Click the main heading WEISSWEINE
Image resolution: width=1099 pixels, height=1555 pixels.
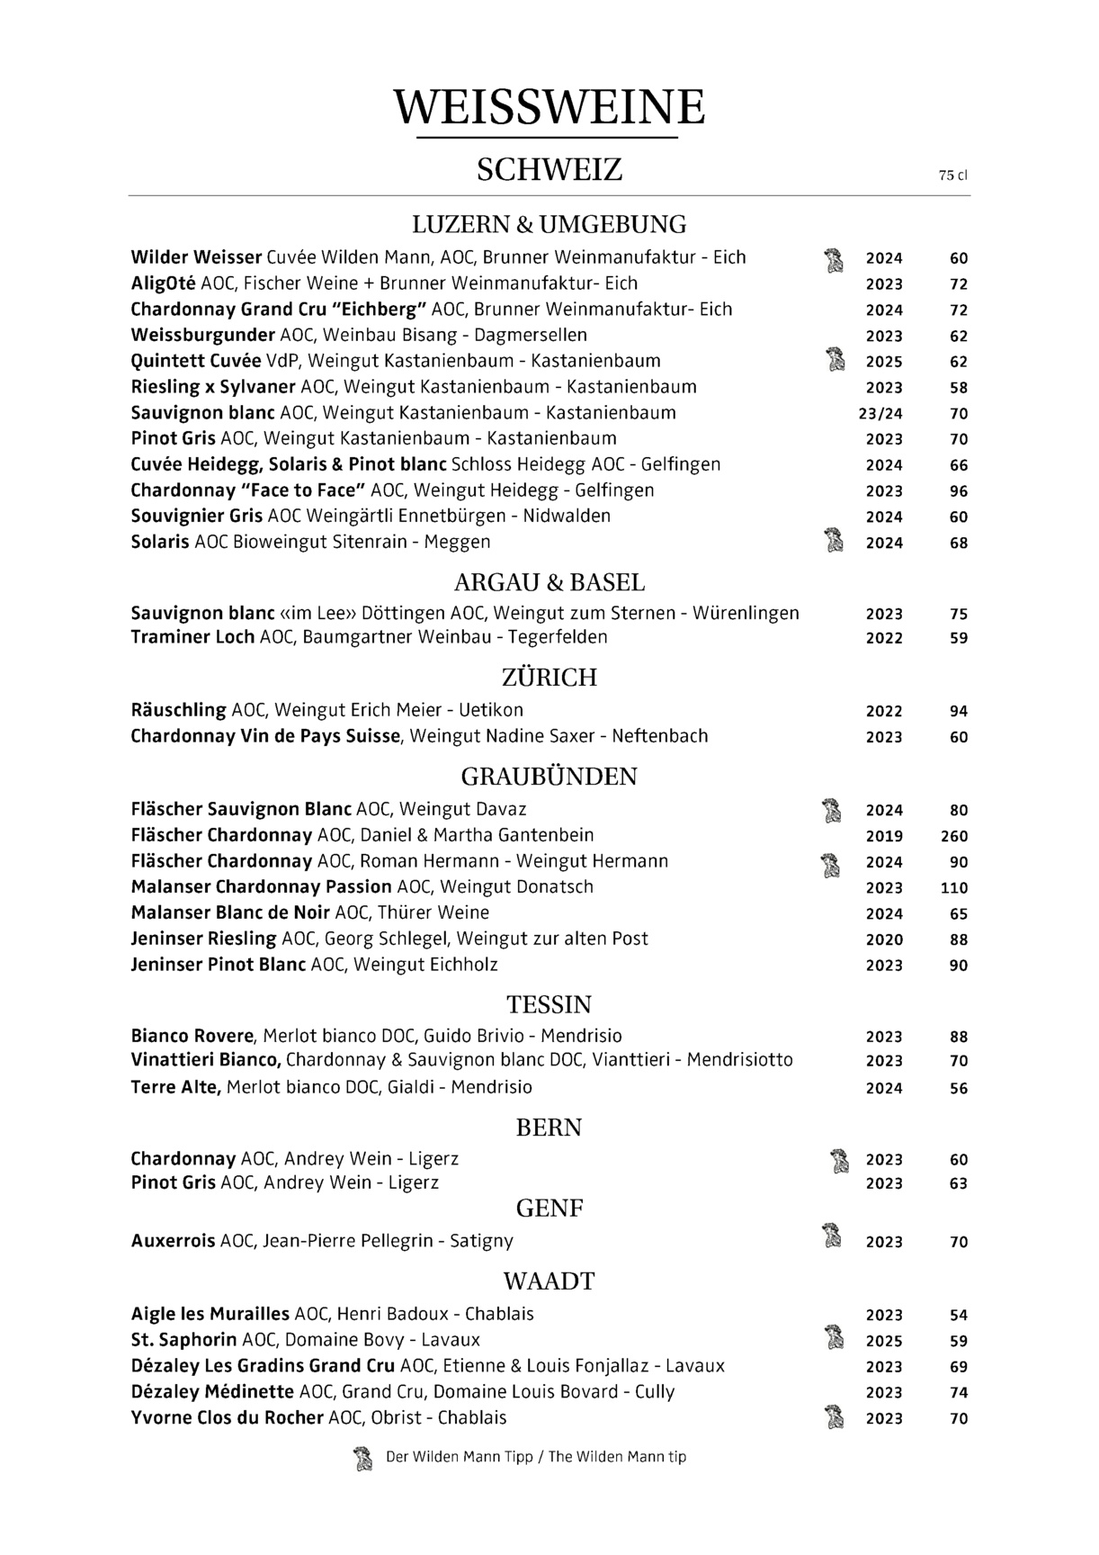tap(549, 107)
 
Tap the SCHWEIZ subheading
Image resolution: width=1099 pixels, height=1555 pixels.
tap(549, 169)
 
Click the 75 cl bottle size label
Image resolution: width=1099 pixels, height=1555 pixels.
tap(952, 176)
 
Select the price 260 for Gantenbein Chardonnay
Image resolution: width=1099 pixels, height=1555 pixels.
tap(953, 836)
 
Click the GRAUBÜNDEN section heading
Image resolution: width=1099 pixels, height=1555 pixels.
tap(549, 777)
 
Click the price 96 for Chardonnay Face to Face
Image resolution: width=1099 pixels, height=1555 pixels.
tap(958, 491)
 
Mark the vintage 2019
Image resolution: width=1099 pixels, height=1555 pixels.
tap(884, 836)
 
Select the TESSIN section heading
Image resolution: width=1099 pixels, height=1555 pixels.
tap(549, 1004)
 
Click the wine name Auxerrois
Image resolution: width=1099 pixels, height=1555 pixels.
tap(173, 1241)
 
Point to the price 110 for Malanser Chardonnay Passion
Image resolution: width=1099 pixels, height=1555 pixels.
tap(953, 888)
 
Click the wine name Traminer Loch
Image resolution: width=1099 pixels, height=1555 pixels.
tap(192, 637)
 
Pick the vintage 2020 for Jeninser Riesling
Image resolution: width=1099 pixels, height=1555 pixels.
tap(884, 939)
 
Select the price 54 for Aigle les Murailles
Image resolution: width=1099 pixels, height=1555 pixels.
tap(958, 1315)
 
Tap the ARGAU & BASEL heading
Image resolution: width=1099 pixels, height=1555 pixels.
tap(549, 582)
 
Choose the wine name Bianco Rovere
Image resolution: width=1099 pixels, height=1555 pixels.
tap(192, 1036)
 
